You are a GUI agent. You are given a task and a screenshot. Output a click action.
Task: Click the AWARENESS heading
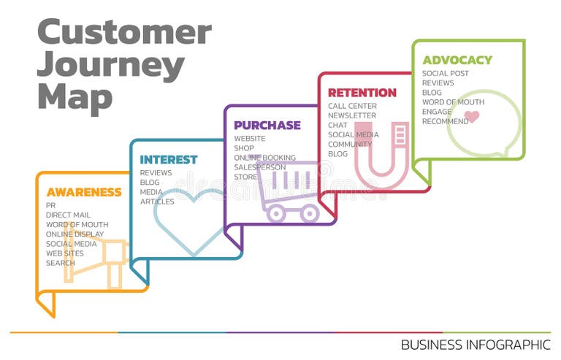pyautogui.click(x=84, y=193)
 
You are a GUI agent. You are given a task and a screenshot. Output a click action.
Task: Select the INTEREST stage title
pyautogui.click(x=169, y=160)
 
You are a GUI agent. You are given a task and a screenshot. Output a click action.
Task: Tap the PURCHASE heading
pyautogui.click(x=267, y=126)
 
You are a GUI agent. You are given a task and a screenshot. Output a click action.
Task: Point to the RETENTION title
pyautogui.click(x=362, y=93)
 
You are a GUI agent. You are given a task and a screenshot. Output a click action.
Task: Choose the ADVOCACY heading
pyautogui.click(x=457, y=60)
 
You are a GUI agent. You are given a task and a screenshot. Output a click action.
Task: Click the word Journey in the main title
pyautogui.click(x=110, y=65)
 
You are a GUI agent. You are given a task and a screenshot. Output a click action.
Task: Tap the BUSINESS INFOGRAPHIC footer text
pyautogui.click(x=476, y=344)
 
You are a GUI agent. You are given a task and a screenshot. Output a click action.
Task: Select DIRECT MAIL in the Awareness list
pyautogui.click(x=69, y=215)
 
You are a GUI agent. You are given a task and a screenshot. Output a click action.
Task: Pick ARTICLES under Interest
pyautogui.click(x=157, y=202)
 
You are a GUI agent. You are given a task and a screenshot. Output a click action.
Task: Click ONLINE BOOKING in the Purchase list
pyautogui.click(x=265, y=158)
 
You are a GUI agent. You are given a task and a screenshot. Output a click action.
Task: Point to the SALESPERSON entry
pyautogui.click(x=259, y=167)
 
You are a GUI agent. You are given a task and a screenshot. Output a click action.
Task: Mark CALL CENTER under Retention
pyautogui.click(x=353, y=106)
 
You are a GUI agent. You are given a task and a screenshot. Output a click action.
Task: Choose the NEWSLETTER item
pyautogui.click(x=352, y=115)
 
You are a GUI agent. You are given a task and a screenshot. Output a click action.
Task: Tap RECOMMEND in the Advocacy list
pyautogui.click(x=446, y=121)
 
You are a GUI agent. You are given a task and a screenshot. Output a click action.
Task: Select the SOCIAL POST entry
pyautogui.click(x=446, y=74)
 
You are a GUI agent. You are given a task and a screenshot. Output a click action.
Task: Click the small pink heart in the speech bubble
pyautogui.click(x=472, y=117)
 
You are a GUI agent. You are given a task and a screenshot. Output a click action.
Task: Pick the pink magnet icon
pyautogui.click(x=381, y=153)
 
